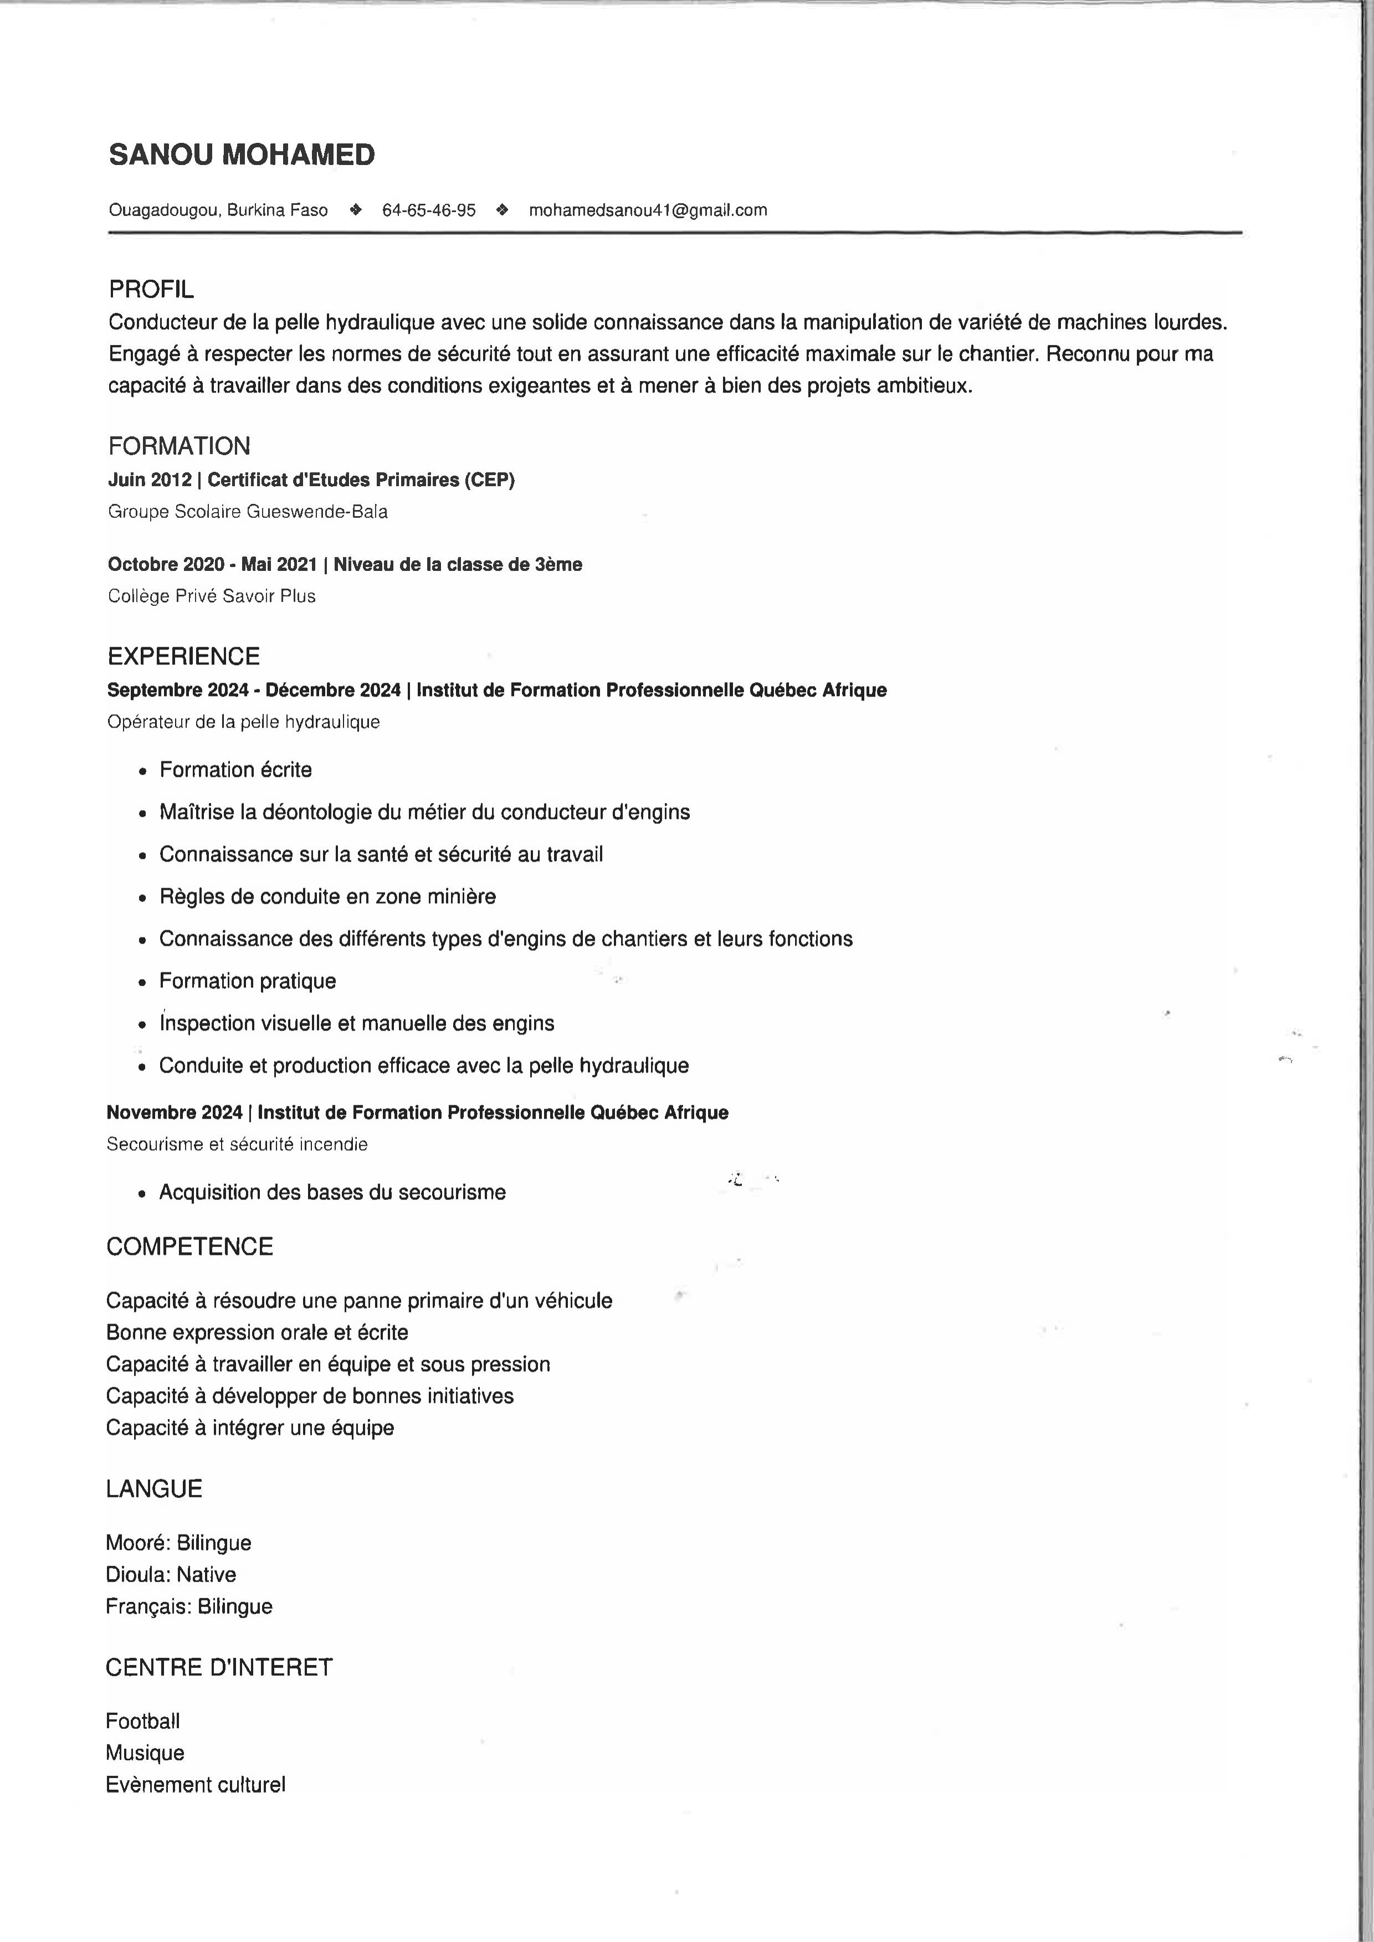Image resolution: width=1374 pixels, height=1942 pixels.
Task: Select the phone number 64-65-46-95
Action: pos(429,210)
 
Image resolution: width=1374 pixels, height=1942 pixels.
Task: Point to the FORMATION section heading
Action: pos(178,446)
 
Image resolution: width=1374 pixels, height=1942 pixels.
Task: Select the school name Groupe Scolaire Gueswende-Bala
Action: pos(247,512)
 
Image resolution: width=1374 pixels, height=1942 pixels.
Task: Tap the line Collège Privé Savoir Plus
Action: pos(212,596)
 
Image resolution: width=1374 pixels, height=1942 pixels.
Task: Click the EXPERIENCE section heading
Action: pos(183,656)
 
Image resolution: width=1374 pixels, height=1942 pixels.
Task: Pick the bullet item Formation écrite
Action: pos(235,770)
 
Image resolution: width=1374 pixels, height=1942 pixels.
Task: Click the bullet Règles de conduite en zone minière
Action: pos(327,897)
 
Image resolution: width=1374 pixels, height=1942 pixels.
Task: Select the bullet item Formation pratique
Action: pos(247,981)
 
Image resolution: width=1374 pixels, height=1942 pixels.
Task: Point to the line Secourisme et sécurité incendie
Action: pos(237,1145)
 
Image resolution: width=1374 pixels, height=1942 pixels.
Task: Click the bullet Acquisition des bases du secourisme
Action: pos(332,1193)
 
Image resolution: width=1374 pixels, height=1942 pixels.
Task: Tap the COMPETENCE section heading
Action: pos(189,1246)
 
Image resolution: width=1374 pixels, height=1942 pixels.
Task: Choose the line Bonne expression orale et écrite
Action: pos(257,1332)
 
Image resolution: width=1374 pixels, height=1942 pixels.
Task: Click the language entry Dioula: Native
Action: pos(170,1574)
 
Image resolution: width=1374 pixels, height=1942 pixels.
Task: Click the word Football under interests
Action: pos(142,1721)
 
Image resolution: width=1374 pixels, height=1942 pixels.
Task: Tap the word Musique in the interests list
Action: pos(145,1753)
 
